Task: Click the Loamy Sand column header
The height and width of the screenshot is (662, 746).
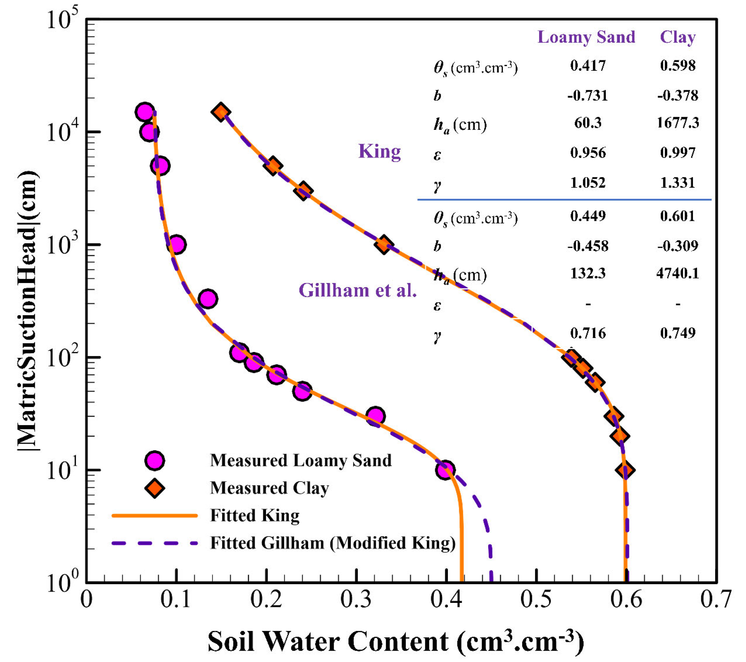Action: (x=586, y=37)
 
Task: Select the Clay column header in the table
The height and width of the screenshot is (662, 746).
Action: (x=678, y=37)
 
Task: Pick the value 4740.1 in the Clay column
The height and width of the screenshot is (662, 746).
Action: (x=678, y=273)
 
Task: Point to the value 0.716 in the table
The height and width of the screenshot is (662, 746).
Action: (x=588, y=333)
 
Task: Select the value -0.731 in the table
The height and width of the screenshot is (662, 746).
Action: (x=588, y=96)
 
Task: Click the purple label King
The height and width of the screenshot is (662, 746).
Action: (x=379, y=151)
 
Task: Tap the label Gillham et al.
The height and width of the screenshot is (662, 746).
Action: (x=358, y=291)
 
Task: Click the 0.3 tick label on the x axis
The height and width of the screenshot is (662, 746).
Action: (x=356, y=600)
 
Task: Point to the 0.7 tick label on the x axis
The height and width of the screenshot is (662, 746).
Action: (x=715, y=600)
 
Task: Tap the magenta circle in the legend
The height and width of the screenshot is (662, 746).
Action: (x=155, y=461)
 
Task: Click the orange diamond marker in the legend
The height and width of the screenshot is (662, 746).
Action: (x=155, y=488)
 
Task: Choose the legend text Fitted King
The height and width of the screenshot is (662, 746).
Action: (x=255, y=516)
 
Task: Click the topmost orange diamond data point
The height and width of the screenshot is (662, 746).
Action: (x=221, y=112)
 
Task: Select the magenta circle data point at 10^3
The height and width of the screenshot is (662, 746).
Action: (x=177, y=244)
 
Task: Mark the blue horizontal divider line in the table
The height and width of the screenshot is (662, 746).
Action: (x=564, y=200)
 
